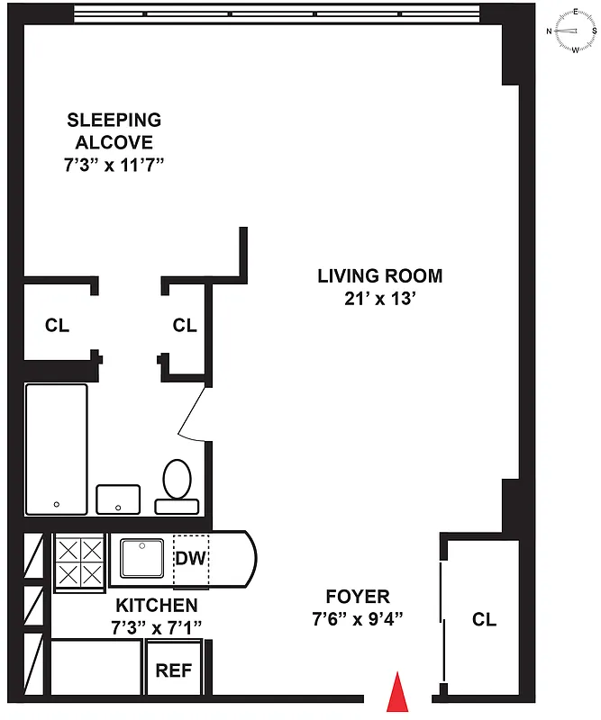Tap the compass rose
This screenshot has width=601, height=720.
[574, 30]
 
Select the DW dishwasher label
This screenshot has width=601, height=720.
[191, 559]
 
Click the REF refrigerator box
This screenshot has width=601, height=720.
[174, 670]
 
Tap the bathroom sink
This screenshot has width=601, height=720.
[119, 498]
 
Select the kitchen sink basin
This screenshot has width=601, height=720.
[142, 560]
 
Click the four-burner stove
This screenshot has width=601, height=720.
[79, 562]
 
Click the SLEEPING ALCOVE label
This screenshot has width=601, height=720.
[114, 130]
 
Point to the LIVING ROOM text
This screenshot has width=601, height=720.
[379, 276]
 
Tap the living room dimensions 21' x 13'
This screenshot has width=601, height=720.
[379, 299]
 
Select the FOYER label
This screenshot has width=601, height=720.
[358, 596]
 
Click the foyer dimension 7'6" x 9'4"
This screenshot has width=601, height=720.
[358, 618]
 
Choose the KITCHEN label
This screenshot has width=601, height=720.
[156, 605]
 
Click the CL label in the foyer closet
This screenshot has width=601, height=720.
[484, 619]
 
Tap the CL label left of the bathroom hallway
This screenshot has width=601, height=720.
[57, 325]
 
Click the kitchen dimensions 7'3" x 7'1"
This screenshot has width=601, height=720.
[156, 626]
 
